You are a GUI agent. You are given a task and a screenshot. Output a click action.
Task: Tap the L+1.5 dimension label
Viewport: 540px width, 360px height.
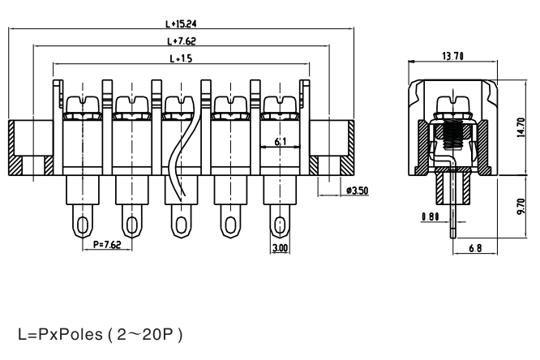[x=181, y=58]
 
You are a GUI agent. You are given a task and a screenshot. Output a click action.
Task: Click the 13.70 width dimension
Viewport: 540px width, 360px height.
[x=453, y=56]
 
